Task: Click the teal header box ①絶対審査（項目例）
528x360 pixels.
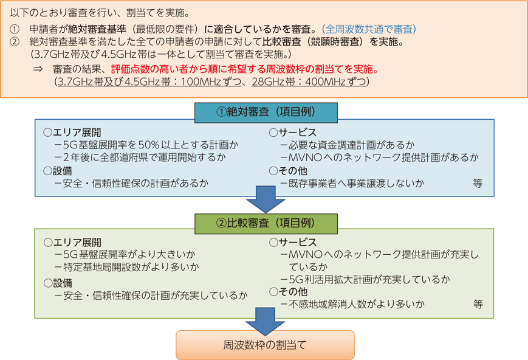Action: point(266,112)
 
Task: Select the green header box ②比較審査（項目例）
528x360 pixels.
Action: point(266,224)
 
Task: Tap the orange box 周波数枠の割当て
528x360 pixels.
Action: point(265,345)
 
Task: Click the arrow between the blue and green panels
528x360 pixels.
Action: point(266,199)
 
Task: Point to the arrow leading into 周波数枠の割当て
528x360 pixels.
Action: point(266,322)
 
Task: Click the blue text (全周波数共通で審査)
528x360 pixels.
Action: point(369,29)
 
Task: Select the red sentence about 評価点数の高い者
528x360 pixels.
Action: point(245,69)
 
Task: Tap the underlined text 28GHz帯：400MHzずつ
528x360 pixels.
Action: point(309,81)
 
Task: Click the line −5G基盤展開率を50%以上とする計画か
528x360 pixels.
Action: point(146,145)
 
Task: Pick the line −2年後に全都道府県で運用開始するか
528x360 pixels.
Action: point(140,157)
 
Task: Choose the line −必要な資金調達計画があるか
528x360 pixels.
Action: point(347,145)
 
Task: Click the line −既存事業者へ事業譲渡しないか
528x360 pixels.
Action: point(352,184)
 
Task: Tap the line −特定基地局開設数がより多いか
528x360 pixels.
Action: point(126,267)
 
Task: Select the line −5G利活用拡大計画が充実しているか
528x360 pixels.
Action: point(365,280)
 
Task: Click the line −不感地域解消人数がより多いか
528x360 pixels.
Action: point(352,304)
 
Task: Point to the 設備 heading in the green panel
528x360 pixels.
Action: point(58,283)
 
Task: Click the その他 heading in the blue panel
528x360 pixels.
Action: point(288,171)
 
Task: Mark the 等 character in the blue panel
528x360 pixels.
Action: point(478,184)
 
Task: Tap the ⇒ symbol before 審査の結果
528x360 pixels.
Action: point(38,69)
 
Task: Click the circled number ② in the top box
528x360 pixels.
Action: point(15,42)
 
